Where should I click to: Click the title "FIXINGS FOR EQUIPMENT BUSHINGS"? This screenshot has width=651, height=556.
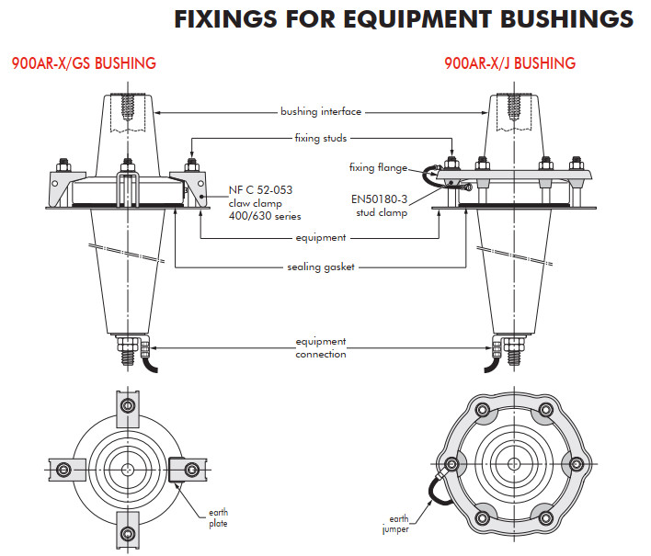[404, 19]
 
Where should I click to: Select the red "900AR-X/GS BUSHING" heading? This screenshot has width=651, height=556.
[84, 63]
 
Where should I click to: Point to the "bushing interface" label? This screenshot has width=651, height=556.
[321, 112]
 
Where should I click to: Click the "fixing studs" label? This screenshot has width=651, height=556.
[321, 138]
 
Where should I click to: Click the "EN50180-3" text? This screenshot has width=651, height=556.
[382, 198]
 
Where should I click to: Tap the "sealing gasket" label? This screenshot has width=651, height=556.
[321, 267]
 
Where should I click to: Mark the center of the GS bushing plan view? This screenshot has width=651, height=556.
[128, 469]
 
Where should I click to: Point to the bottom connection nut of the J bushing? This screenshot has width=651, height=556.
[511, 350]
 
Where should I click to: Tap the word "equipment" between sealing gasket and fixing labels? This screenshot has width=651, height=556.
[321, 237]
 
